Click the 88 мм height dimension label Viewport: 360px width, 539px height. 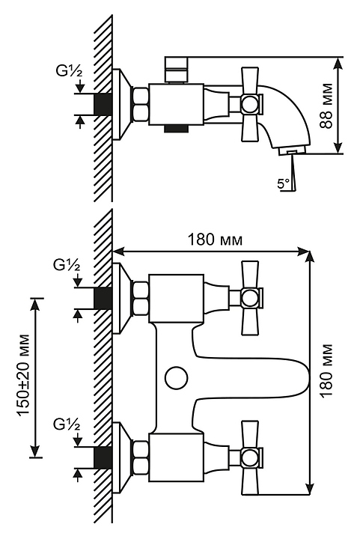[326, 106]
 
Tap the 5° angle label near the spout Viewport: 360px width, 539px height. [284, 183]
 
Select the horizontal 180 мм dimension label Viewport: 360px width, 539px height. [215, 240]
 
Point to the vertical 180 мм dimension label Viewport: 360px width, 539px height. [326, 370]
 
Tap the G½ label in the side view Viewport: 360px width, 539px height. [69, 72]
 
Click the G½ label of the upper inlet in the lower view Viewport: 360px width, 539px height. [67, 266]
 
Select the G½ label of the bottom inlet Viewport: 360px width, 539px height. [67, 424]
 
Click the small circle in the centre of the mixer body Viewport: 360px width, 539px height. [176, 378]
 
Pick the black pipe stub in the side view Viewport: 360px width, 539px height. [103, 103]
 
